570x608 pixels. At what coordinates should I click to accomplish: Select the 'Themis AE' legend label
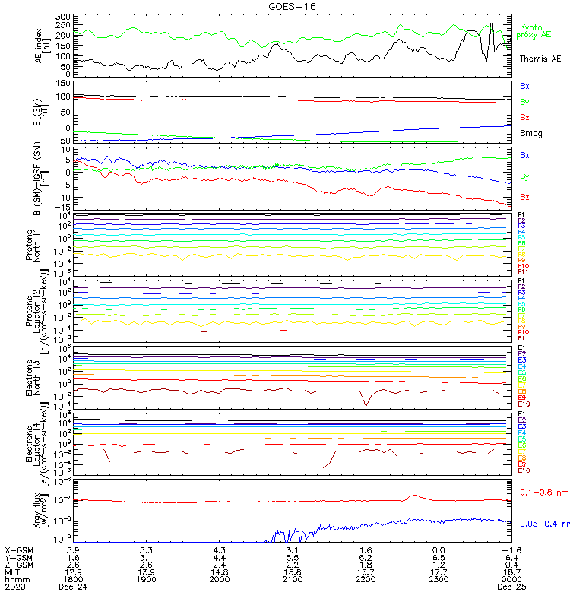(540, 59)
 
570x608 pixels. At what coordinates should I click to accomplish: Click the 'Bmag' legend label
(530, 134)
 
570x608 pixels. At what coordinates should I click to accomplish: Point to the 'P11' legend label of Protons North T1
(522, 271)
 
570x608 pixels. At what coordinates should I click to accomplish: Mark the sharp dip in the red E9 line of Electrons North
(366, 405)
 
